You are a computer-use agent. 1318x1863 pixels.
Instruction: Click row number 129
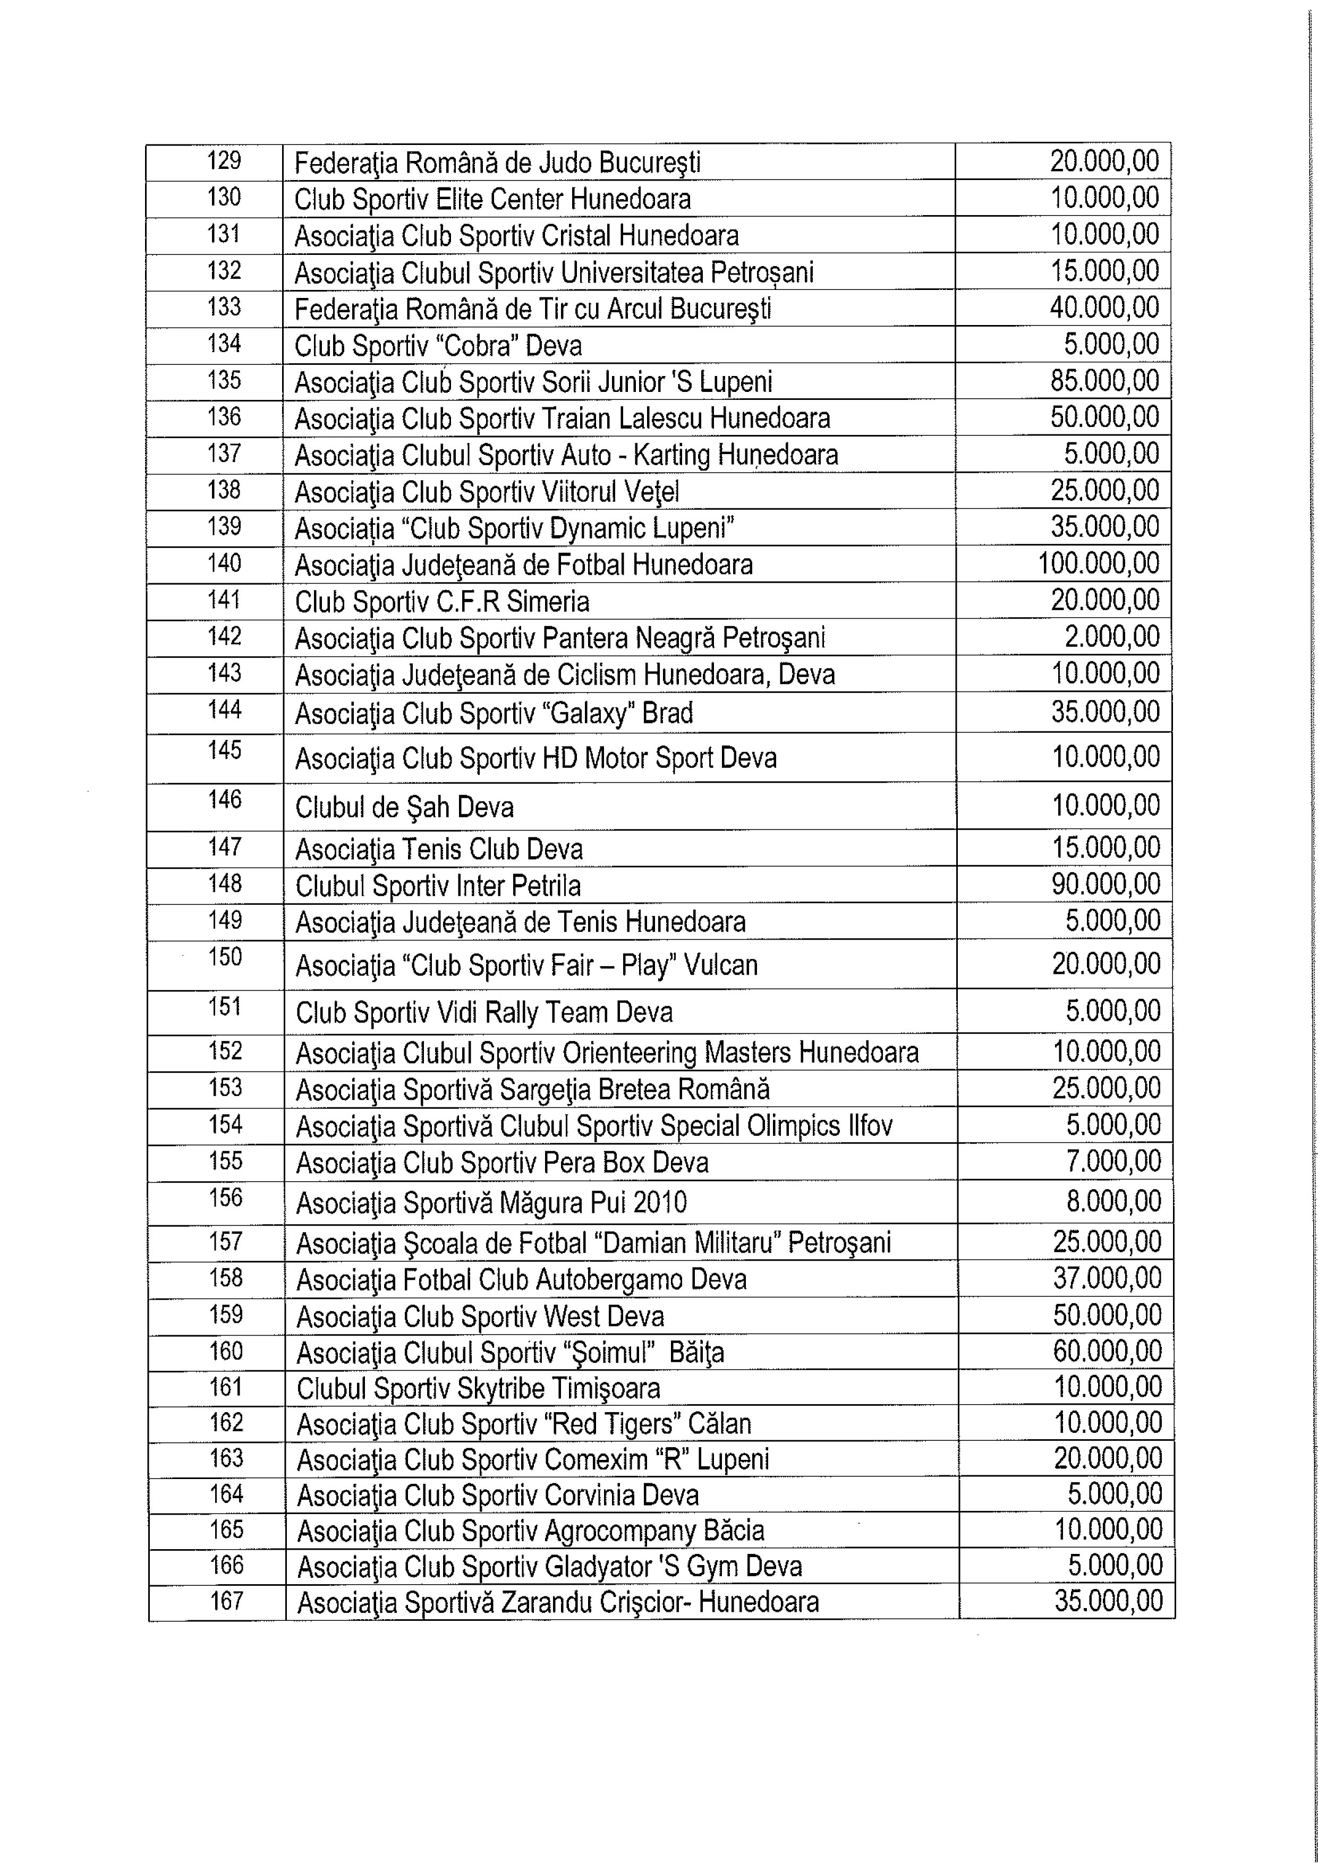coord(224,161)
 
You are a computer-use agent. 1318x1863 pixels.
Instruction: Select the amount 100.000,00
coord(1099,563)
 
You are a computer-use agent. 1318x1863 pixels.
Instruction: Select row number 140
coord(224,563)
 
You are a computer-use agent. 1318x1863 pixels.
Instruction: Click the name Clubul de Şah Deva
coord(404,807)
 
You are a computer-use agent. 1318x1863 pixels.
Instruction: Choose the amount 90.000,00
coord(1106,884)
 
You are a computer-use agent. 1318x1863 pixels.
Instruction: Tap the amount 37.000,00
coord(1107,1278)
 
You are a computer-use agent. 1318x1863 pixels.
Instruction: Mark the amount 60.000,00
coord(1107,1351)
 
